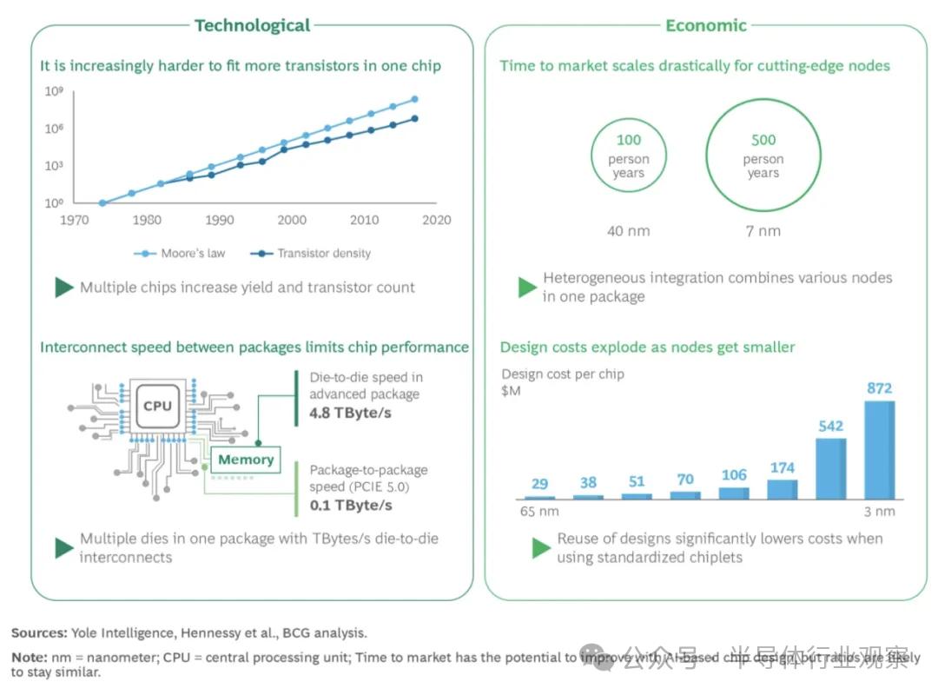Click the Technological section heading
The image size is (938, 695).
(252, 25)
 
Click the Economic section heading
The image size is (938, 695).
(705, 25)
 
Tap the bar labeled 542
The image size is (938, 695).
(830, 468)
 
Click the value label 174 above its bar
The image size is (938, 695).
(782, 468)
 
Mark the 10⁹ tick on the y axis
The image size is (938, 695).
(54, 91)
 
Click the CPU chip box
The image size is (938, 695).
(157, 406)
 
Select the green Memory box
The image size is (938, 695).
(246, 460)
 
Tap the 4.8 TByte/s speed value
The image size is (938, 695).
(350, 413)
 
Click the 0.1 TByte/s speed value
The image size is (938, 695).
(350, 506)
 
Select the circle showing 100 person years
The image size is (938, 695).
(629, 156)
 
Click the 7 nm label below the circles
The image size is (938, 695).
(763, 230)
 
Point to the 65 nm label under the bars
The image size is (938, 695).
(539, 511)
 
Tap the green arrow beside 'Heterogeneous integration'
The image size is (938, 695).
(526, 288)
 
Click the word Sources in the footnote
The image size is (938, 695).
(39, 633)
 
